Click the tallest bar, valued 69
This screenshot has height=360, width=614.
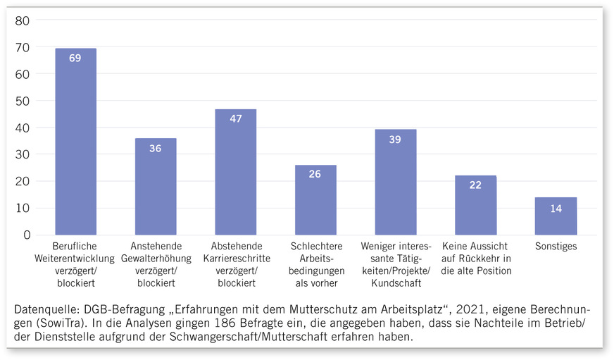pyautogui.click(x=75, y=141)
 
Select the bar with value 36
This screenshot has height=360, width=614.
pyautogui.click(x=156, y=187)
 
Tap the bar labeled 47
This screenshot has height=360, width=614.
pyautogui.click(x=235, y=172)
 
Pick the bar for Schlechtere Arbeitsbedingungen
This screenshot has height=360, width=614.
pyautogui.click(x=315, y=200)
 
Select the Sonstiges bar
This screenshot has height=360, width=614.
pyautogui.click(x=556, y=216)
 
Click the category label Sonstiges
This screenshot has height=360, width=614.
pyautogui.click(x=556, y=247)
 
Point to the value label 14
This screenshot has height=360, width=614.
pyautogui.click(x=556, y=209)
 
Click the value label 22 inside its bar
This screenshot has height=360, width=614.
pyautogui.click(x=475, y=185)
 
